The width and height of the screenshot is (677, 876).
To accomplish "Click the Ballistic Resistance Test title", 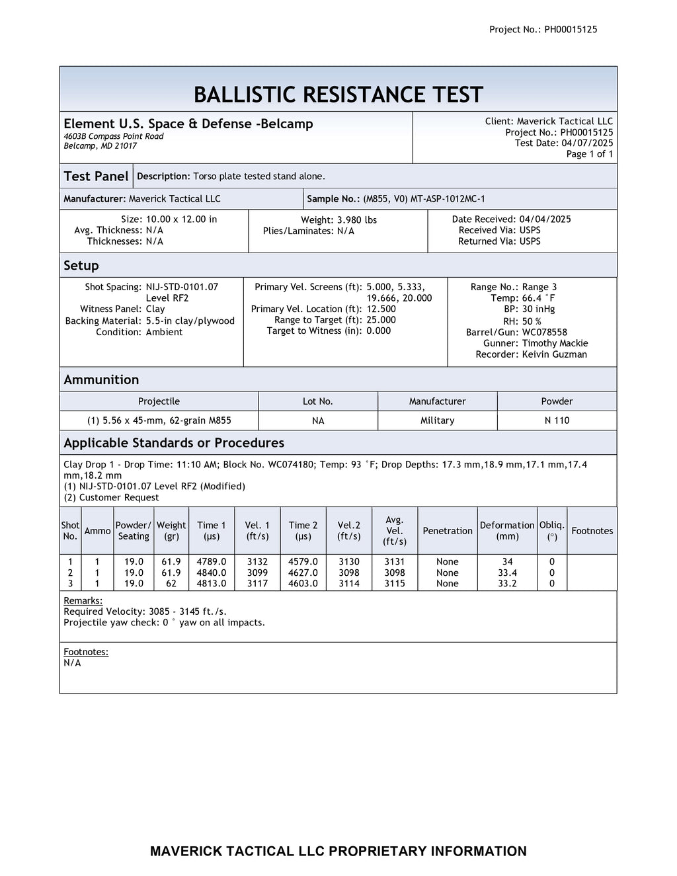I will coord(338,95).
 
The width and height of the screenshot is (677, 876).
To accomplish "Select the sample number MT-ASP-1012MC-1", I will coord(448,199).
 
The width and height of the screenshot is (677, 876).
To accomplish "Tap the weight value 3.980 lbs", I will coord(357,219).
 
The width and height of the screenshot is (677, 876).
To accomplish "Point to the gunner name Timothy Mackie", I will coord(555,343).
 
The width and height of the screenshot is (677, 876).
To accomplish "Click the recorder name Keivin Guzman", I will coord(554,354).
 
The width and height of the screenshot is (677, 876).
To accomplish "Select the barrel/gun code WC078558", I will coord(544,332).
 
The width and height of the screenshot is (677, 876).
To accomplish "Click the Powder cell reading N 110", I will coord(557,420).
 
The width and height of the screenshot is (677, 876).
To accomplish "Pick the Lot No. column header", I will coord(317,401).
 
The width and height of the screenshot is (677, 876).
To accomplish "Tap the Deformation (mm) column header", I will coord(507,530).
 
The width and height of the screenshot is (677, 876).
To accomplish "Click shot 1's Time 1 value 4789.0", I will coord(212,561).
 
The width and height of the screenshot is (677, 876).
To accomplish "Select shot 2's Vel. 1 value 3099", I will coord(257,573).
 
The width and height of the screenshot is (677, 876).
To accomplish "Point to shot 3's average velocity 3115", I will coord(395,583).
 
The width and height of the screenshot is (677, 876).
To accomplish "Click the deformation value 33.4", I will coord(507,573).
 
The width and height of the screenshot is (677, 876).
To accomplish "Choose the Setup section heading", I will coord(81,266).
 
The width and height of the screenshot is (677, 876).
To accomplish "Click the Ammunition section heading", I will coord(101,379).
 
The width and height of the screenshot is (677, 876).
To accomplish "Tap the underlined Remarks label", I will coord(83,600).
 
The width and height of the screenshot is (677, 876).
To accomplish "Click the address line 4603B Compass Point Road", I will coord(114,136).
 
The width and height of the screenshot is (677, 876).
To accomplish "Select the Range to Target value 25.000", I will coord(381,320).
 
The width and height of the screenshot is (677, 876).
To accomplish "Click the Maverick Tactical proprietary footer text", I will coord(338,851).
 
